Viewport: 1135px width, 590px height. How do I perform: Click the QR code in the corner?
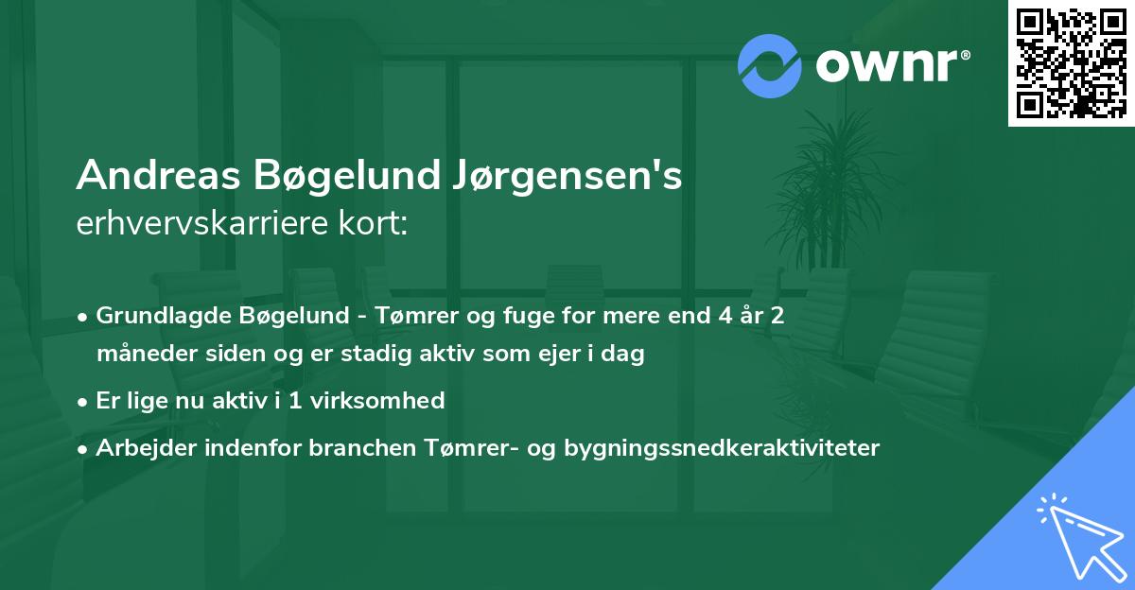1071,62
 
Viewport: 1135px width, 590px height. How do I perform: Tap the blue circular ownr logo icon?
770,66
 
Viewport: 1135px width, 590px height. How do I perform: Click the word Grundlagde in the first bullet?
156,316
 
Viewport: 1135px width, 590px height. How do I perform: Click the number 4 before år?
723,316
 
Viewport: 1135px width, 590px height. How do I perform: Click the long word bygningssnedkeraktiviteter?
721,448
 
